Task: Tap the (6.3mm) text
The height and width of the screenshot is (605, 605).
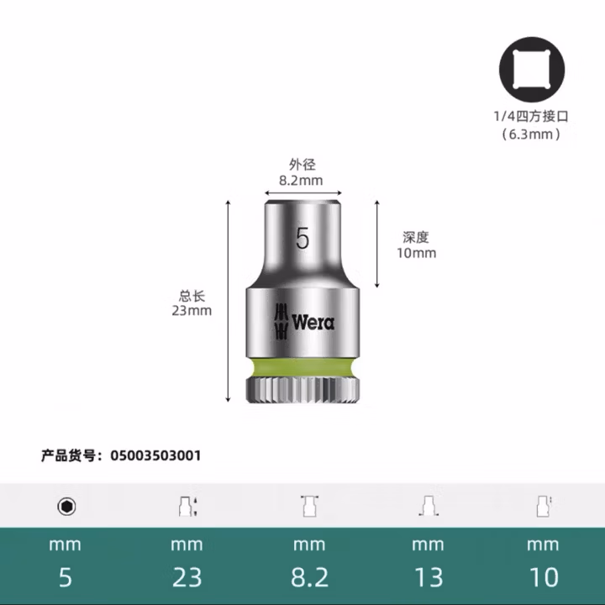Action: pos(530,134)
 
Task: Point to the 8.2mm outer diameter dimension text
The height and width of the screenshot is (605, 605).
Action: pos(301,180)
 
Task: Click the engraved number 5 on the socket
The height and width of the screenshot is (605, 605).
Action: pos(302,239)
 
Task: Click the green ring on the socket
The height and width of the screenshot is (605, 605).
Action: pos(302,367)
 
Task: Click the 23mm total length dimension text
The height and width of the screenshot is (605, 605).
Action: pos(192,310)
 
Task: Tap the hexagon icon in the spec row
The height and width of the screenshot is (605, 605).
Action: pos(66,506)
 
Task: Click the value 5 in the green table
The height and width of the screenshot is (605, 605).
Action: pos(65,577)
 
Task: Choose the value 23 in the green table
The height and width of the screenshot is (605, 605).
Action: pos(187,577)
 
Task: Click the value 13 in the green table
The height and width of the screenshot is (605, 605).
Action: pos(428,577)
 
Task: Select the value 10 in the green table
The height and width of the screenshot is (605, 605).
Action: pos(543,577)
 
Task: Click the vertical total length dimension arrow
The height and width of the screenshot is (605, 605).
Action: pos(229,302)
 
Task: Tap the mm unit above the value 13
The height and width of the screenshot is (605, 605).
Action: pos(428,544)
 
